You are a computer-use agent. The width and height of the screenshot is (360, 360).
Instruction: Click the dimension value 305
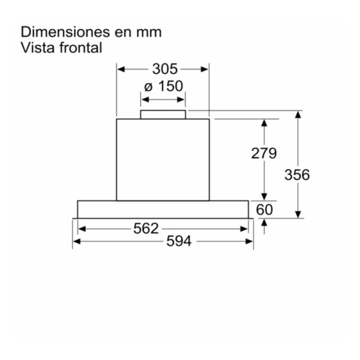[x=165, y=69]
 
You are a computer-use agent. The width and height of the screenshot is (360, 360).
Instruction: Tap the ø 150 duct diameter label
[x=163, y=86]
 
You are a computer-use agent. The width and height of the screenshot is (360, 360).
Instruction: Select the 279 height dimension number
[x=264, y=153]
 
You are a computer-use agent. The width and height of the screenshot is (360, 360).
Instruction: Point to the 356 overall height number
[x=297, y=175]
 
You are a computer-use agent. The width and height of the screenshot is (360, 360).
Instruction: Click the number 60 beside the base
[x=264, y=209]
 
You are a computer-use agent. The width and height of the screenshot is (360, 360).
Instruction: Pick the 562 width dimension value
[x=146, y=229]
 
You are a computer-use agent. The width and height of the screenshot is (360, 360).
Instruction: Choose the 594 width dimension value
[x=179, y=241]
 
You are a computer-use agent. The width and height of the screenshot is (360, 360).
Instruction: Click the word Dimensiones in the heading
[x=65, y=32]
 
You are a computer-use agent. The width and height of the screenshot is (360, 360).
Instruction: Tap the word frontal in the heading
[x=80, y=47]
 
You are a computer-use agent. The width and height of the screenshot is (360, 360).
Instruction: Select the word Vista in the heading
[x=38, y=47]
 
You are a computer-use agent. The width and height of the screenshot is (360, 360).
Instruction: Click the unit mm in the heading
[x=149, y=32]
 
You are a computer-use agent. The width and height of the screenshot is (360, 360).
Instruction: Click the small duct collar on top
[x=163, y=115]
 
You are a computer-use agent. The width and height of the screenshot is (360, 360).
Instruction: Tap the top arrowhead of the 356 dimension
[x=298, y=115]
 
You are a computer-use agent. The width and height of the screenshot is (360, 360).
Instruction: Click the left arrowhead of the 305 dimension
[x=121, y=69]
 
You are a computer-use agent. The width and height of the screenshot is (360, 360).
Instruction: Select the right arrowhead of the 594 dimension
[x=249, y=241]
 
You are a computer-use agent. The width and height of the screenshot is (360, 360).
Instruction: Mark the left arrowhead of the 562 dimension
[x=82, y=229]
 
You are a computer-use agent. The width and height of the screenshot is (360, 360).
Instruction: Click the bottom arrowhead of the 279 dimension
[x=264, y=197]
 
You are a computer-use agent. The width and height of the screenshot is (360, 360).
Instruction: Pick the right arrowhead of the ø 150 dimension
[x=181, y=100]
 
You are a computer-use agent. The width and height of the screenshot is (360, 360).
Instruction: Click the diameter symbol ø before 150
[x=148, y=87]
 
